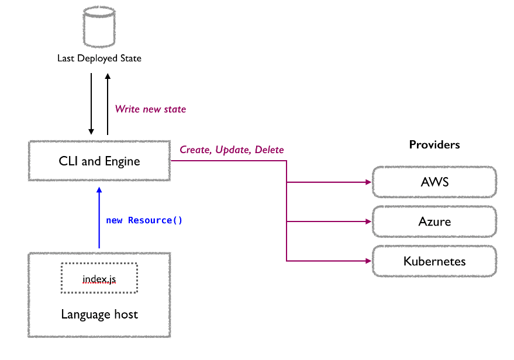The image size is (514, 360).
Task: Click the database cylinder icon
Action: pos(99,27)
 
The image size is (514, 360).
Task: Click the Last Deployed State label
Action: pos(99,58)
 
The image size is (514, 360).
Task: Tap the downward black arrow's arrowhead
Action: pos(91,131)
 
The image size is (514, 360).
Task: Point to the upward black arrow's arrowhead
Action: pos(108,77)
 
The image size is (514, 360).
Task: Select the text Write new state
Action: pos(150,109)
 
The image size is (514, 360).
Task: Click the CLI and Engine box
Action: pos(99,161)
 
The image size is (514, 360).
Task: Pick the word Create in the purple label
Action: pos(195,150)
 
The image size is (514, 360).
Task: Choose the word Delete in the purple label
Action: pos(269,150)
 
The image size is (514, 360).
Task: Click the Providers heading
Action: pos(434,144)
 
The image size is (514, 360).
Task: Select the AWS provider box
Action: pos(434,182)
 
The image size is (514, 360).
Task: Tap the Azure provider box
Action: pos(434,221)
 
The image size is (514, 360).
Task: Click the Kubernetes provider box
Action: pos(434,261)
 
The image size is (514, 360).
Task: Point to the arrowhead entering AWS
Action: pos(368,182)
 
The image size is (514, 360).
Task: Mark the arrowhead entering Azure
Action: pos(368,221)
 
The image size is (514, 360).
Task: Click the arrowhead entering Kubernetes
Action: pos(368,261)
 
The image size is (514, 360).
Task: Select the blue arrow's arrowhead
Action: pos(99,190)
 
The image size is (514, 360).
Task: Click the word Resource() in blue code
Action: pos(155,220)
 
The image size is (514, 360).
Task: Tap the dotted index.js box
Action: pos(99,278)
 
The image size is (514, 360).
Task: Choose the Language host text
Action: pos(99,314)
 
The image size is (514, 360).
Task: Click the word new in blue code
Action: pos(114,220)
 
